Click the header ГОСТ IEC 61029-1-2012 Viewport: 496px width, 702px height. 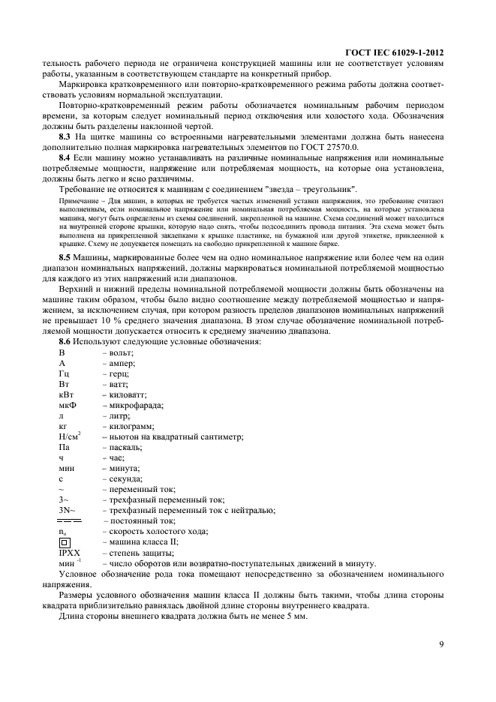(392, 54)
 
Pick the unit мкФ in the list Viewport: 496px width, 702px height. (68, 405)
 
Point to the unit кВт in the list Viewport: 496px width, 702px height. (66, 394)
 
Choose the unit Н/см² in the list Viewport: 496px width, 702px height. (69, 436)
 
